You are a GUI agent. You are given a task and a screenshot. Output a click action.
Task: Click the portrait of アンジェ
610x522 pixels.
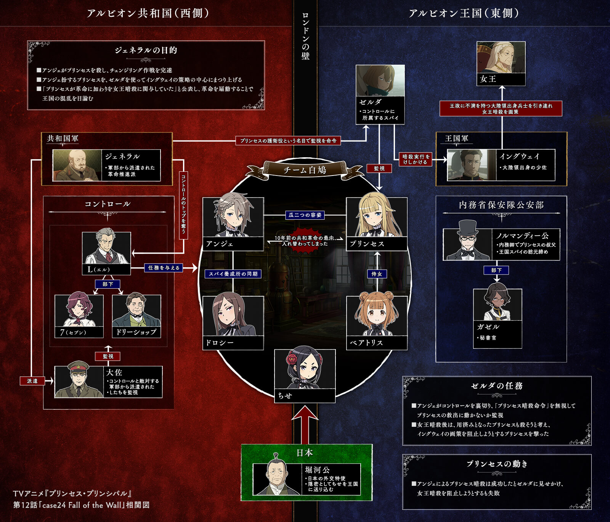coord(233,217)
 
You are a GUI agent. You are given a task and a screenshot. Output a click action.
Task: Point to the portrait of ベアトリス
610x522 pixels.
coord(377,316)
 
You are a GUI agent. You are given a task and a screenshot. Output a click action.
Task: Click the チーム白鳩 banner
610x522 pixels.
coord(305,170)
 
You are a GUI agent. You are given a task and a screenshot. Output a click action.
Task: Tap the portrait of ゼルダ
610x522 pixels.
coord(380,81)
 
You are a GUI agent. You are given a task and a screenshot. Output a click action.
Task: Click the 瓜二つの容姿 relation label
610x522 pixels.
coord(305,215)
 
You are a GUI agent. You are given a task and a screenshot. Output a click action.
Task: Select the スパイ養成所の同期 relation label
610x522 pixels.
coord(233,274)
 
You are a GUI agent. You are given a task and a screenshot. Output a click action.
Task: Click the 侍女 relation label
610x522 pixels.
coord(377,274)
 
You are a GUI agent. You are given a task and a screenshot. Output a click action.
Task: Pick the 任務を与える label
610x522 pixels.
coord(164,268)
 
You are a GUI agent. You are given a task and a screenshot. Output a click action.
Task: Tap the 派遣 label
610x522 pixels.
coord(32,381)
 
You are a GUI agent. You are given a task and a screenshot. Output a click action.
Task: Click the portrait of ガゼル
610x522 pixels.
coord(498,305)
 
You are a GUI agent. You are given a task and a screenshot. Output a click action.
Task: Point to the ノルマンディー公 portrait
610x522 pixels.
coord(468,244)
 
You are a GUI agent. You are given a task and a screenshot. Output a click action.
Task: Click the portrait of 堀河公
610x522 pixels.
coord(278,479)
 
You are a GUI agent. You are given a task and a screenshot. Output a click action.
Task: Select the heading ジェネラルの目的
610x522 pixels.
coord(146,50)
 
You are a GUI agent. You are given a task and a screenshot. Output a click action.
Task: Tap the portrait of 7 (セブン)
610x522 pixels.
coord(79,311)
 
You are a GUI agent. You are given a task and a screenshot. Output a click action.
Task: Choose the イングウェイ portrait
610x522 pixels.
coord(472,165)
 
